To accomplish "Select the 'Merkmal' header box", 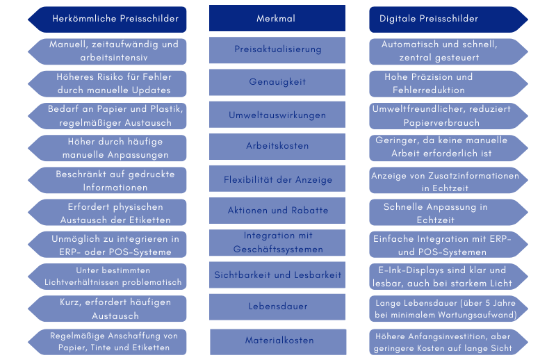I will click(277, 19).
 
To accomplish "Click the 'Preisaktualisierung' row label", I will click(277, 50).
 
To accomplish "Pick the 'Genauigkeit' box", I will click(277, 82).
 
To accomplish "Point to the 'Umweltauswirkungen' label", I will click(277, 115).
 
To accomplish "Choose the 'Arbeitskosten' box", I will click(277, 147).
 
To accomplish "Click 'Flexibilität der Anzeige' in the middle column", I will click(277, 179).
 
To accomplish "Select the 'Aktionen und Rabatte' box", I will click(277, 211).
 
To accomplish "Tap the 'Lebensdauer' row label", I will click(277, 306).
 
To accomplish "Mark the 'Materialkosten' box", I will click(277, 341).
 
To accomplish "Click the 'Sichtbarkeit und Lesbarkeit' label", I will click(277, 275).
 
